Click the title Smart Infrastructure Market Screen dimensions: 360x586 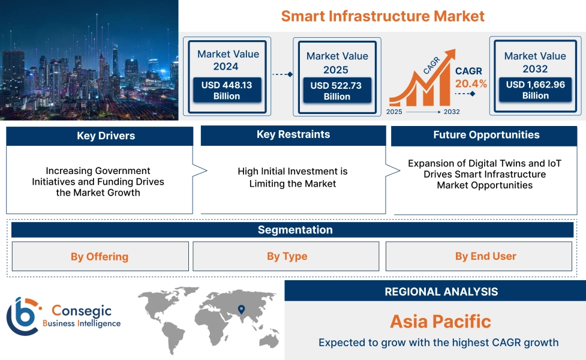(x=383, y=16)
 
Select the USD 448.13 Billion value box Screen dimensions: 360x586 (x=227, y=91)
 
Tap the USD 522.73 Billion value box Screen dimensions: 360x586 (x=336, y=91)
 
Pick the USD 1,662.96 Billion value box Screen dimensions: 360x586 (x=535, y=90)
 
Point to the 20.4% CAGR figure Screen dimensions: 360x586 (x=471, y=84)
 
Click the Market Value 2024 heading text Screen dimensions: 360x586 (x=228, y=60)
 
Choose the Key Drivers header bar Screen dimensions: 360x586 (x=100, y=136)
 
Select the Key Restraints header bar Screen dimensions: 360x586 (x=293, y=135)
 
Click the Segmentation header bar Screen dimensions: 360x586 (x=294, y=230)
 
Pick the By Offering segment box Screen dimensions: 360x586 (x=100, y=257)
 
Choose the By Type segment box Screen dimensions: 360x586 (x=287, y=257)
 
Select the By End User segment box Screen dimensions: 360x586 (x=485, y=257)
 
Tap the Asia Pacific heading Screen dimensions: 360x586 (x=440, y=322)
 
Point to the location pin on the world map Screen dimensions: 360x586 (x=241, y=310)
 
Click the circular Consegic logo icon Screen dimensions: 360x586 (x=22, y=316)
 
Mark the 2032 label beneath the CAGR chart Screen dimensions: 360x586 (x=451, y=112)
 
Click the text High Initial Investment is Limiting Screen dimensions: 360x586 (x=293, y=178)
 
